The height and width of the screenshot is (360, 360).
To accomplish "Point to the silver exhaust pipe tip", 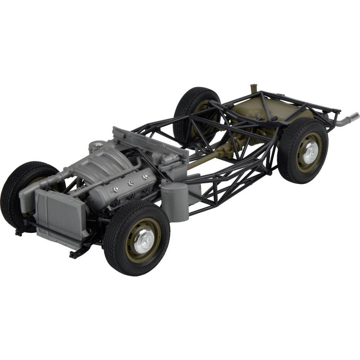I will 351,117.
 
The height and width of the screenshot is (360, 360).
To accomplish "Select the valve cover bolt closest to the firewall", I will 145,176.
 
